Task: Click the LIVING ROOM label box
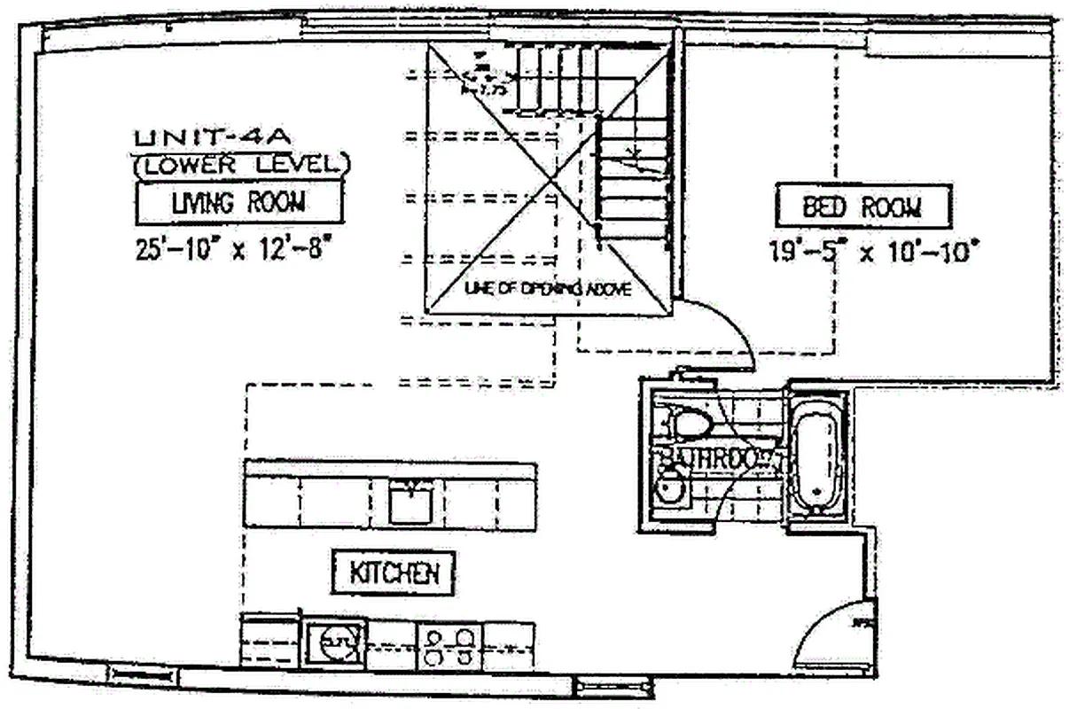click(x=238, y=203)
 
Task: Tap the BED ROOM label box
click(x=862, y=207)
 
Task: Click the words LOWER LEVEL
click(x=241, y=164)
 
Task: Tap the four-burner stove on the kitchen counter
click(x=449, y=646)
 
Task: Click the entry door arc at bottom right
click(x=829, y=634)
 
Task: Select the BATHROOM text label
click(x=709, y=459)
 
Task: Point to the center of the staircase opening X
click(x=550, y=178)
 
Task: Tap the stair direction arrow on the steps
click(x=633, y=159)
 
